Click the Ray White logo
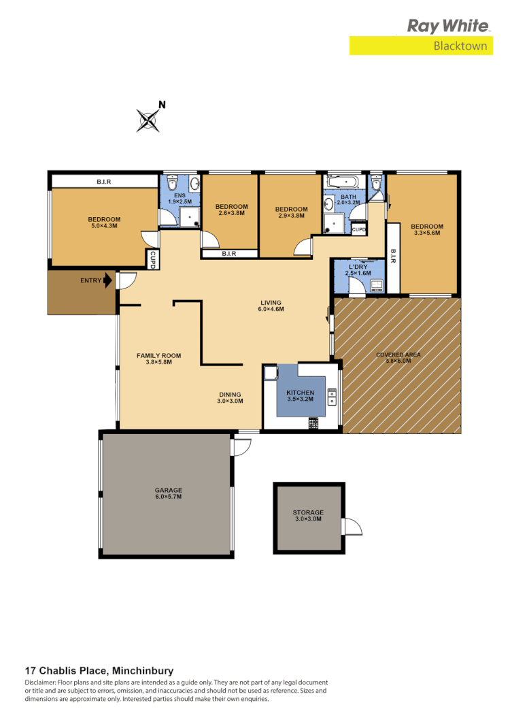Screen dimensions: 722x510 coord(447,26)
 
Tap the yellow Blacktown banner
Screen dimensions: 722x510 coord(421,46)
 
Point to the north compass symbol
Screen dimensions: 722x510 coord(149,120)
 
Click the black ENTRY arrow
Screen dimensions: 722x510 coord(107,280)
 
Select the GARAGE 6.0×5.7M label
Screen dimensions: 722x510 coord(168,493)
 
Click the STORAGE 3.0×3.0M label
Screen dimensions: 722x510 coord(307,516)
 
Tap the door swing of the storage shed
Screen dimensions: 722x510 coord(353,527)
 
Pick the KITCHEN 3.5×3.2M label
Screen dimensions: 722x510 coord(300,397)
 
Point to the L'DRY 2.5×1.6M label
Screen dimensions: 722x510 coord(358,269)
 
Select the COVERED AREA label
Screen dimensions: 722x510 coord(398,358)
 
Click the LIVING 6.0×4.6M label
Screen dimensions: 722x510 coord(270,306)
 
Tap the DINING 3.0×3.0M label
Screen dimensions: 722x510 coord(229,398)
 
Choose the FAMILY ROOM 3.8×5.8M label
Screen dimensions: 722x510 coord(158,359)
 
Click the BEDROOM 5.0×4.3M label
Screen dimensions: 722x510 coord(104,223)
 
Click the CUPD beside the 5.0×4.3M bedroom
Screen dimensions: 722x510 coord(153,259)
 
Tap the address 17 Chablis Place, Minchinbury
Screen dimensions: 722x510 coord(99,670)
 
